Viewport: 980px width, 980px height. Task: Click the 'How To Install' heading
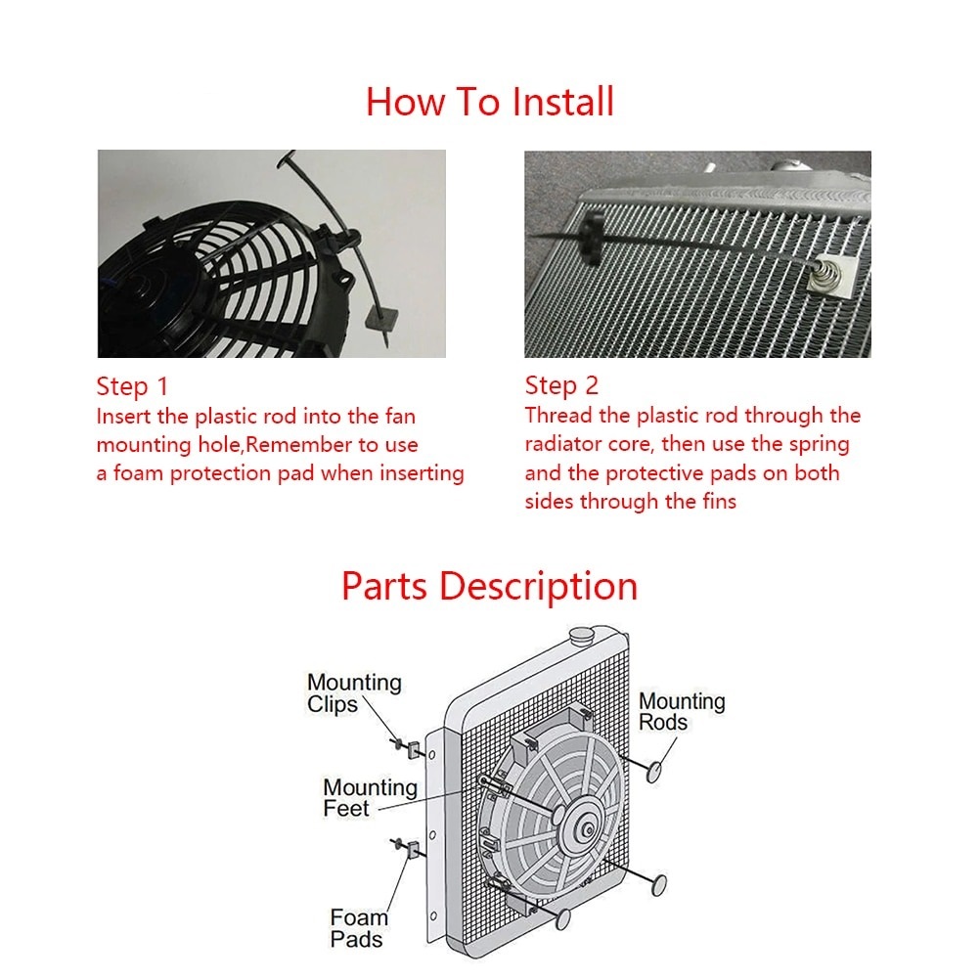pos(489,102)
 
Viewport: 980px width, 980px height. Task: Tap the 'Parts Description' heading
pos(489,586)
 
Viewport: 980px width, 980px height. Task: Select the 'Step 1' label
pos(132,385)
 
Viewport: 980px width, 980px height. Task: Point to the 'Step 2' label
pos(561,385)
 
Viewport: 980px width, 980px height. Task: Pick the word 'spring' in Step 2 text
pos(817,444)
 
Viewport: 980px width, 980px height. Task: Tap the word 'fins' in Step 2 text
pos(715,502)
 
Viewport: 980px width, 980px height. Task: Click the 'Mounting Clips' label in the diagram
pos(354,693)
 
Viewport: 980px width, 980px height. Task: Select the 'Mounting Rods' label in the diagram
pos(682,712)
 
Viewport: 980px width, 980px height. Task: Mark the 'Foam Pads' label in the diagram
pos(358,928)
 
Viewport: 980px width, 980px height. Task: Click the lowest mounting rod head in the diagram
pos(561,918)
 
